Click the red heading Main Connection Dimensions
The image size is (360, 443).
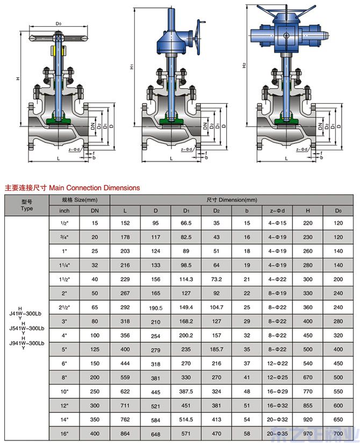[x=72, y=188]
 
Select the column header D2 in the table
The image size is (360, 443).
[x=217, y=210]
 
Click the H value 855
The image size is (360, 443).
[x=308, y=406]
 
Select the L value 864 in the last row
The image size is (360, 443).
[x=125, y=434]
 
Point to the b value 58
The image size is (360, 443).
[x=247, y=434]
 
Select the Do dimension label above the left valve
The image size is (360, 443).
[x=59, y=24]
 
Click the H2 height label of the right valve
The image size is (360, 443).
[x=244, y=66]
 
